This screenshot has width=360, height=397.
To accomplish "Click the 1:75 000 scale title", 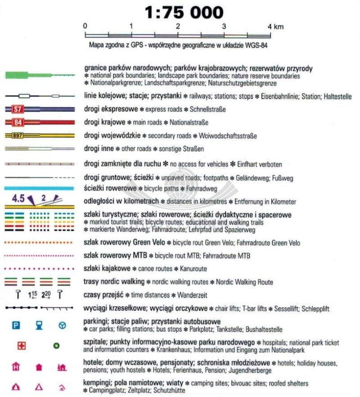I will tap(183, 12).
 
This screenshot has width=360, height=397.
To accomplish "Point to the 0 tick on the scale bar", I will tap(85, 26).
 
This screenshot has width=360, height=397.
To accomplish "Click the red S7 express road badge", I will tap(18, 109).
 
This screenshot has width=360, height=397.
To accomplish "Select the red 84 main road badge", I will tap(18, 122).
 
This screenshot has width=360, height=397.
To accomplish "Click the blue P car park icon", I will tap(16, 325).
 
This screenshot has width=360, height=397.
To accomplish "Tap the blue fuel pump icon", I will tap(39, 325).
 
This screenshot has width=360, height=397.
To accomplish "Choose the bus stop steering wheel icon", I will tap(62, 325).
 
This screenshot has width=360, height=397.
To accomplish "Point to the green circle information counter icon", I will tap(56, 346).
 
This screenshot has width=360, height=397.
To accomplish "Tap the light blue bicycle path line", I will tap(40, 188).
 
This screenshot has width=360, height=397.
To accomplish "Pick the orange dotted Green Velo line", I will tap(40, 243).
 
